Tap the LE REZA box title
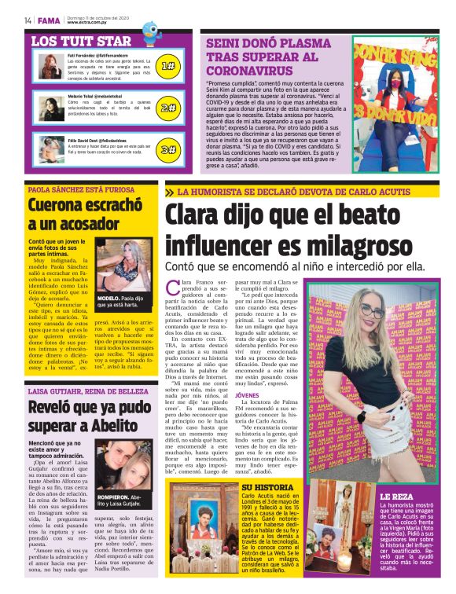pyautogui.click(x=395, y=497)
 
